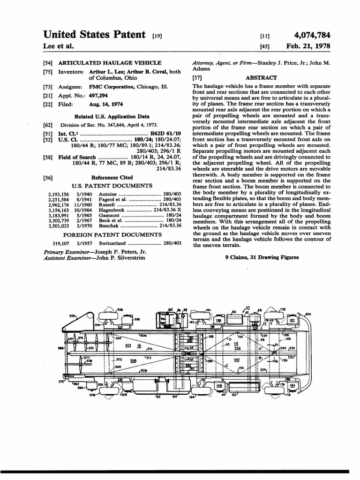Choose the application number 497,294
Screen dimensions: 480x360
[97, 95]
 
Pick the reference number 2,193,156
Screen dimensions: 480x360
[58, 194]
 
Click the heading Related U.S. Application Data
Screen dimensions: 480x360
[112, 116]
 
